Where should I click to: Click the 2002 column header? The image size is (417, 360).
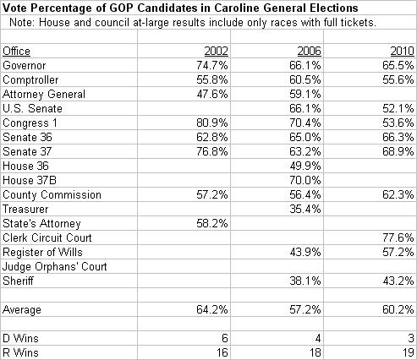coord(216,52)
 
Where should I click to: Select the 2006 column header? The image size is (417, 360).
coord(309,52)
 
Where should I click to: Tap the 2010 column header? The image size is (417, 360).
coord(402,52)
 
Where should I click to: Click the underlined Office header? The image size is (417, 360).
coord(16,52)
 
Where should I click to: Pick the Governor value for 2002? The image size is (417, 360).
coord(212,65)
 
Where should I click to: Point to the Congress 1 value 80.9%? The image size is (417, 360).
coord(212,123)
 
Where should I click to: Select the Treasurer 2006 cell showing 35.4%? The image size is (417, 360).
coord(305,209)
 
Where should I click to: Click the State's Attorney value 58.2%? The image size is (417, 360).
coord(212,223)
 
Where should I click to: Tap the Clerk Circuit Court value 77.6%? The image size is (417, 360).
coord(398,237)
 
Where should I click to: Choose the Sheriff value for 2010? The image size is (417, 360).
coord(398,281)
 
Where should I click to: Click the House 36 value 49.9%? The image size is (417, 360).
coord(305,166)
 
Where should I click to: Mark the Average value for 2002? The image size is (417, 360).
coord(212,309)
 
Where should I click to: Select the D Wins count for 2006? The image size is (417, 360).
coord(318,338)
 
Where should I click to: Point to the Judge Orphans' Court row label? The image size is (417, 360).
coord(55,267)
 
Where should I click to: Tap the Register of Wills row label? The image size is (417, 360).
coord(42,252)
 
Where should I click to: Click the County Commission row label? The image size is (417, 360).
coord(52,195)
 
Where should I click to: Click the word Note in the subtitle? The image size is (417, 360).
coord(22,22)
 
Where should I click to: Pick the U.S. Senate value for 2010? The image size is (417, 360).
coord(398,108)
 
